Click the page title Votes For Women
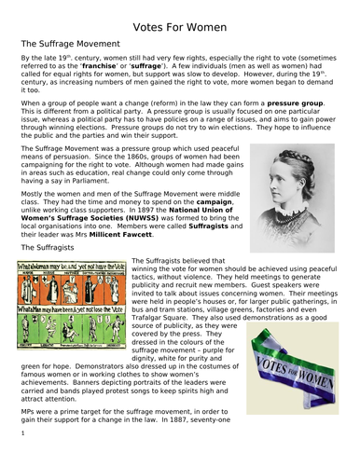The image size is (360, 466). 180,19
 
